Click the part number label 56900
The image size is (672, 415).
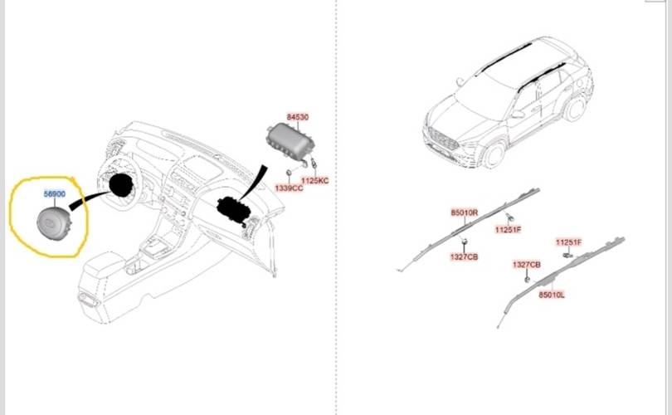point(55,193)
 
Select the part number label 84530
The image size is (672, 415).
point(298,118)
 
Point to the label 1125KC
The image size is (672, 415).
point(315,180)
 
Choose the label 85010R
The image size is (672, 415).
point(465,213)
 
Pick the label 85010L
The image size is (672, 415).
point(551,295)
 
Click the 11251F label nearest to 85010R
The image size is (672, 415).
point(508,229)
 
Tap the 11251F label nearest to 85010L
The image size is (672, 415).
point(569,242)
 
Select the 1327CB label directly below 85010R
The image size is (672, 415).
point(465,257)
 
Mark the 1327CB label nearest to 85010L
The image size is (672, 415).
point(526,265)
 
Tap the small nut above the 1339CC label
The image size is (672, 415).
point(288,173)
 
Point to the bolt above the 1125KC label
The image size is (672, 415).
point(311,166)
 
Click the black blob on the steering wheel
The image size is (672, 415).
point(123,183)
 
